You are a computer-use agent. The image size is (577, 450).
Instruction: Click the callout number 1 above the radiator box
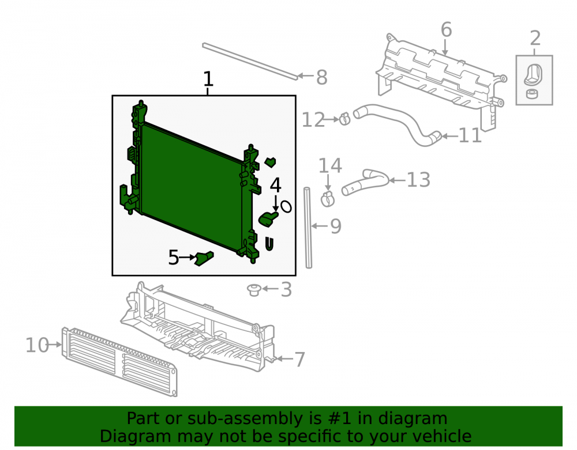208,79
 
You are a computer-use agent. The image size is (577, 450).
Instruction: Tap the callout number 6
446,29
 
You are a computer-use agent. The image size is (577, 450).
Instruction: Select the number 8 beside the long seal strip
321,78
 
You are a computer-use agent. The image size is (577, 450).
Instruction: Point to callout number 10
37,345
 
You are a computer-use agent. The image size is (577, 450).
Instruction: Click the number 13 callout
418,180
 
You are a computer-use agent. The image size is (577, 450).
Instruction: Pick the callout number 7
300,360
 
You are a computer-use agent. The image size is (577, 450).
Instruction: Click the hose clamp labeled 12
344,118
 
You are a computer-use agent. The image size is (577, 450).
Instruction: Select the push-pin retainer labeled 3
254,290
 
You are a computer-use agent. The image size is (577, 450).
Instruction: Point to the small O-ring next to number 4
286,206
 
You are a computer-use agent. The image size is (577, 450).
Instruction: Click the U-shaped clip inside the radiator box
269,244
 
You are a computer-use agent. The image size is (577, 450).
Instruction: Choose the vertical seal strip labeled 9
308,228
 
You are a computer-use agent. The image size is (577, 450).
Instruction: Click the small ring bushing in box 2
531,94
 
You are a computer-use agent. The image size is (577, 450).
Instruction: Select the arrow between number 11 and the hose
449,137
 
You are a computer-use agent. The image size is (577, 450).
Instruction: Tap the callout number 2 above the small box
535,38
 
